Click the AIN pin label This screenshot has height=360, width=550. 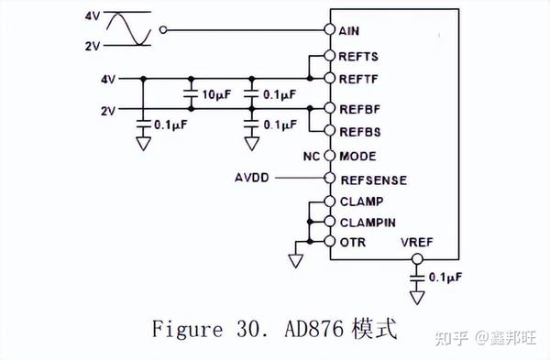(x=349, y=30)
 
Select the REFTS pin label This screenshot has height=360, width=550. (x=358, y=57)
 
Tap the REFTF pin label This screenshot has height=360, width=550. (x=358, y=79)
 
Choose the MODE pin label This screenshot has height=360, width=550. (x=357, y=156)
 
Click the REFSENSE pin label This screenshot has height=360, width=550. (x=372, y=180)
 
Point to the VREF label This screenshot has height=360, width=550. (x=417, y=243)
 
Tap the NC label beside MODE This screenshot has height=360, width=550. (x=311, y=156)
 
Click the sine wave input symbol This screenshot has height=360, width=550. (x=127, y=29)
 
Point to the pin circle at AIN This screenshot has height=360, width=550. (x=328, y=29)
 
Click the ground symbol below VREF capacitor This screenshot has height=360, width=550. (x=417, y=297)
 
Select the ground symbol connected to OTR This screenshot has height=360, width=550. (x=294, y=260)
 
